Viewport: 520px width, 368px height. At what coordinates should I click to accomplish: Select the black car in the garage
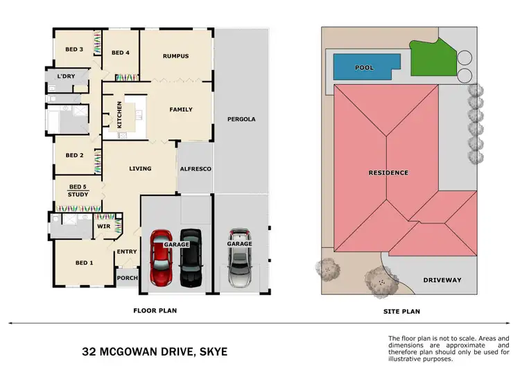[x=189, y=258]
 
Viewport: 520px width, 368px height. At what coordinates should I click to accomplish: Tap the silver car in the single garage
[x=239, y=259]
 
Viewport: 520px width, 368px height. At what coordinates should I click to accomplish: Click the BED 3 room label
[x=74, y=49]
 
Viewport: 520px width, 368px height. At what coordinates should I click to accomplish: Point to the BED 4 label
[x=121, y=53]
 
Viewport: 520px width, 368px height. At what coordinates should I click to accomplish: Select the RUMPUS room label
[x=176, y=55]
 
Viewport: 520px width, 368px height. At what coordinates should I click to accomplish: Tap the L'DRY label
[x=66, y=76]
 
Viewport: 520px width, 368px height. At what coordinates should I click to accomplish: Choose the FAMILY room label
[x=181, y=109]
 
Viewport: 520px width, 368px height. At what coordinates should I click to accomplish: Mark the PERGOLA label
[x=241, y=119]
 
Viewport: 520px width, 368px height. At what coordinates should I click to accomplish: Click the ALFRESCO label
[x=196, y=168]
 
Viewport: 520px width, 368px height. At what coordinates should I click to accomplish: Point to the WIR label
[x=104, y=226]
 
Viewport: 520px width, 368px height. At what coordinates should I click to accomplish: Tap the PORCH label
[x=128, y=278]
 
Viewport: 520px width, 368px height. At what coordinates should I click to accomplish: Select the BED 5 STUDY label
[x=78, y=191]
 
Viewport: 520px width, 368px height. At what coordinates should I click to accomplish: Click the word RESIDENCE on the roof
[x=388, y=172]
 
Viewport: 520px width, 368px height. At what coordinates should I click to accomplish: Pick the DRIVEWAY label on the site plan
[x=442, y=280]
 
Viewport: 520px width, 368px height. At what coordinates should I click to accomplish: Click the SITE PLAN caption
[x=402, y=311]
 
